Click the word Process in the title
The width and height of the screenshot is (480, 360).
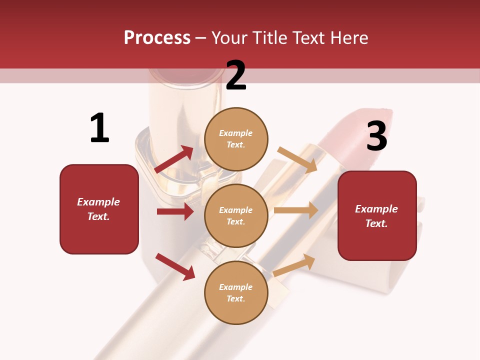pos(157,38)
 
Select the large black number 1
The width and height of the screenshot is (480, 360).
pos(99,128)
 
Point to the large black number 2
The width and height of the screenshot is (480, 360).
pos(236,75)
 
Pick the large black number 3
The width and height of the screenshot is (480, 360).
pos(376,136)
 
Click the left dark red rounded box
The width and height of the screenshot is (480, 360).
pos(99,209)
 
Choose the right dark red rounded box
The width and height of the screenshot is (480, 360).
pos(377,215)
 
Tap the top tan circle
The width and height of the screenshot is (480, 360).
pos(236,139)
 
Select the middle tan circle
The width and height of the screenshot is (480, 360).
pos(236,215)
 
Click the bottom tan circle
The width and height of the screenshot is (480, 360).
pos(236,292)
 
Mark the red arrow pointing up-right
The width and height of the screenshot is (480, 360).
pos(174,159)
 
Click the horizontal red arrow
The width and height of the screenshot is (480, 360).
pos(175,211)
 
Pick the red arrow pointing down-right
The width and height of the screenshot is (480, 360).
pos(175,266)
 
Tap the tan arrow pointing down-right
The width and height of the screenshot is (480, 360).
pos(297,159)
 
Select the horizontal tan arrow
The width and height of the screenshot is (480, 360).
pos(296,210)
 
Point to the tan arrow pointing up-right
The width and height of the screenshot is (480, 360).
pos(294,265)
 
